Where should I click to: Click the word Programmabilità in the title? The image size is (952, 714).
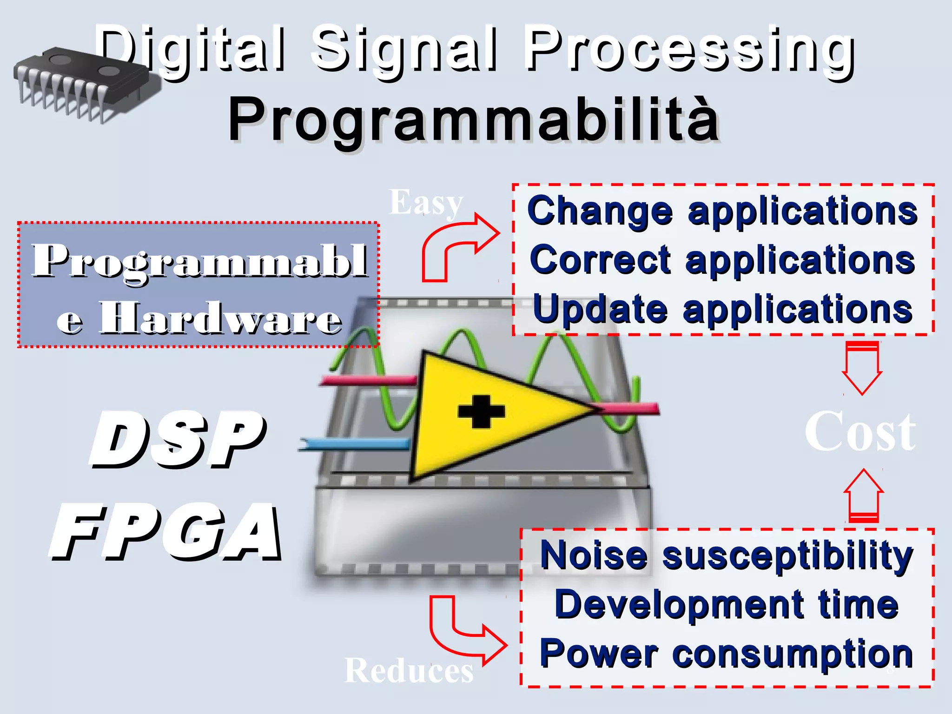[x=473, y=120]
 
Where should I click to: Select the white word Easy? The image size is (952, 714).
[x=425, y=203]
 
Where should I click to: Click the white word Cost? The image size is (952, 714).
[x=860, y=432]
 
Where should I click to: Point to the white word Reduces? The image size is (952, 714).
[x=408, y=671]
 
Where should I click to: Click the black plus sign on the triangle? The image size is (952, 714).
[x=481, y=411]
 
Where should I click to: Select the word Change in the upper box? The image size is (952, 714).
[x=600, y=212]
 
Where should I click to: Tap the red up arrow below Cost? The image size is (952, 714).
[x=863, y=495]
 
